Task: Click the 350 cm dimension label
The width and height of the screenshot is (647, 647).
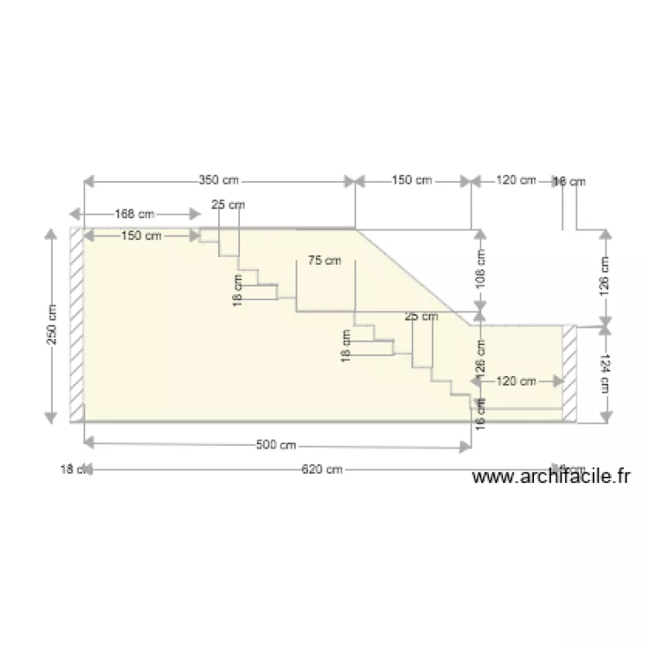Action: tap(219, 181)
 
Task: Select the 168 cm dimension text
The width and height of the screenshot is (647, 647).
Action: tap(135, 213)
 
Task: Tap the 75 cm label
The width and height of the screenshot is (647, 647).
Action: tap(324, 261)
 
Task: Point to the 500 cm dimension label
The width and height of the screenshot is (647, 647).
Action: tap(277, 445)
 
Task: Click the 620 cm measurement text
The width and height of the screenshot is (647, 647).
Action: tap(322, 470)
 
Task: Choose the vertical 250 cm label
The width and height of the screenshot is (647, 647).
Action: tap(52, 324)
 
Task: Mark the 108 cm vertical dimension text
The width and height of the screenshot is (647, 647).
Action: tap(481, 268)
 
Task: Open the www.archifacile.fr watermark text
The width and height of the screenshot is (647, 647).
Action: tap(553, 476)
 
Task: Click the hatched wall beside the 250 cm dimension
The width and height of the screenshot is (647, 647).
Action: tap(77, 324)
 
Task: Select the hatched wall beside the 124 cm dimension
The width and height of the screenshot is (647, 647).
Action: tap(569, 374)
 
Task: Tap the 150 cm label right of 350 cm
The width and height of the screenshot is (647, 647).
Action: tap(411, 181)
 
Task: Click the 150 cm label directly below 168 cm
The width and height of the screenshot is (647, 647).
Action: tap(141, 236)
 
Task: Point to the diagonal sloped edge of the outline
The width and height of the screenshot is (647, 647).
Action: tap(416, 277)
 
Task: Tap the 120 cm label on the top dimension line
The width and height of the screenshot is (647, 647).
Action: tap(516, 181)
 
